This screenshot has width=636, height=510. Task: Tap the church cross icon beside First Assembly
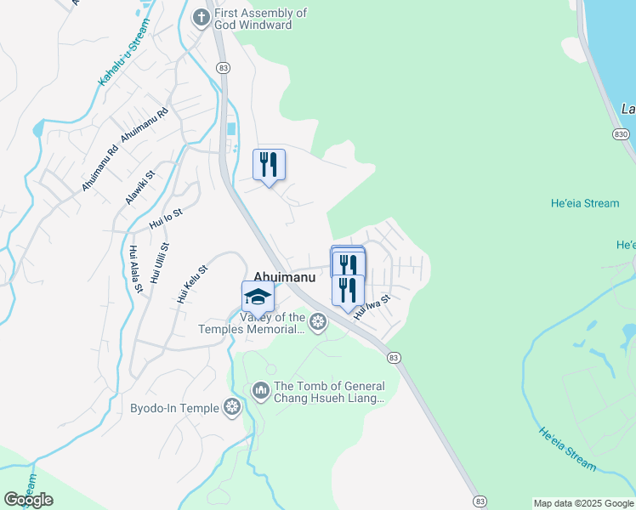click(201, 16)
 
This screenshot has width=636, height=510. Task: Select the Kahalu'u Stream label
click(124, 53)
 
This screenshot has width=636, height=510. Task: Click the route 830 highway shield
click(620, 133)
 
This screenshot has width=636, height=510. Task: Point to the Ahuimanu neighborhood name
click(285, 276)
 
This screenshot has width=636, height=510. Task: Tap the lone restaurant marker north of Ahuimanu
click(269, 164)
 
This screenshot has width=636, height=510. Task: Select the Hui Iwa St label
click(372, 306)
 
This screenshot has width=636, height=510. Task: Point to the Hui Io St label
click(166, 218)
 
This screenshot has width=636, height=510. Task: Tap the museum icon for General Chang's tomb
click(260, 391)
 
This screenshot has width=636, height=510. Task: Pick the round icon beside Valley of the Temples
click(318, 321)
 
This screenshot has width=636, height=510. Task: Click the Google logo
click(29, 500)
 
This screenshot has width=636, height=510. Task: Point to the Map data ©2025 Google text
click(584, 503)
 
